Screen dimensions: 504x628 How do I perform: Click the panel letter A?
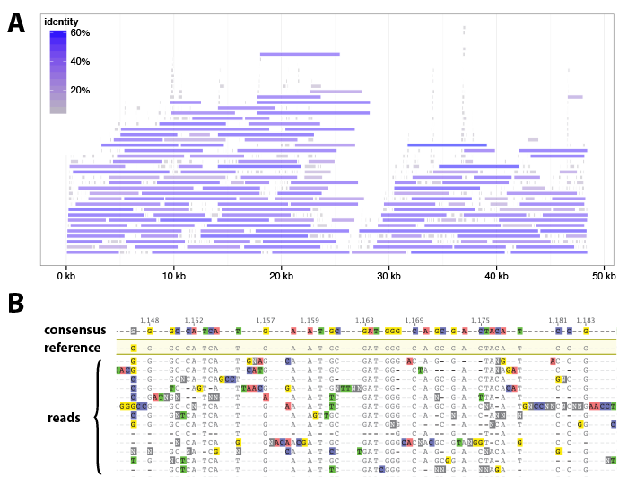pyautogui.click(x=16, y=23)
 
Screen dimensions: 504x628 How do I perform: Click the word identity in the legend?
pyautogui.click(x=61, y=22)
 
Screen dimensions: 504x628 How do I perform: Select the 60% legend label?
pyautogui.click(x=80, y=33)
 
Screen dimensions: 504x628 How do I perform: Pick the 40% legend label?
pyautogui.click(x=80, y=62)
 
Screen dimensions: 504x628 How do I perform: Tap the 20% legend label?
pyautogui.click(x=80, y=91)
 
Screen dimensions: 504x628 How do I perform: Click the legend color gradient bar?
pyautogui.click(x=57, y=72)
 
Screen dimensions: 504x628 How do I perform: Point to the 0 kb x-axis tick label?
pyautogui.click(x=65, y=276)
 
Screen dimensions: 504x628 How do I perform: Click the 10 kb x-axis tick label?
pyautogui.click(x=173, y=276)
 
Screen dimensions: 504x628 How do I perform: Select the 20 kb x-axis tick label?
pyautogui.click(x=281, y=276)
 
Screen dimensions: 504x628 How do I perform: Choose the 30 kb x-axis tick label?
pyautogui.click(x=388, y=276)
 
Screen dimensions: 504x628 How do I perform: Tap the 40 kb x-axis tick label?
pyautogui.click(x=496, y=276)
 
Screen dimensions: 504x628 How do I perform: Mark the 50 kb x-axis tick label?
pyautogui.click(x=604, y=276)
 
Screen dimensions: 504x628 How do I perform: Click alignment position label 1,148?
pyautogui.click(x=150, y=321)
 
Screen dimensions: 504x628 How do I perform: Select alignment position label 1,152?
pyautogui.click(x=194, y=321)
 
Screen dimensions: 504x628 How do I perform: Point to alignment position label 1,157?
pyautogui.click(x=266, y=321)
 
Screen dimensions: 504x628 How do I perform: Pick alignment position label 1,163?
pyautogui.click(x=364, y=321)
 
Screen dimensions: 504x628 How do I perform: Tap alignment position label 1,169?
pyautogui.click(x=414, y=321)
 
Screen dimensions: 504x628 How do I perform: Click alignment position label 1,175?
pyautogui.click(x=481, y=321)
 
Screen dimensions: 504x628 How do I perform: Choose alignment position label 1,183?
pyautogui.click(x=585, y=321)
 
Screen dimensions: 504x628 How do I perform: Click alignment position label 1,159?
pyautogui.click(x=310, y=321)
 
